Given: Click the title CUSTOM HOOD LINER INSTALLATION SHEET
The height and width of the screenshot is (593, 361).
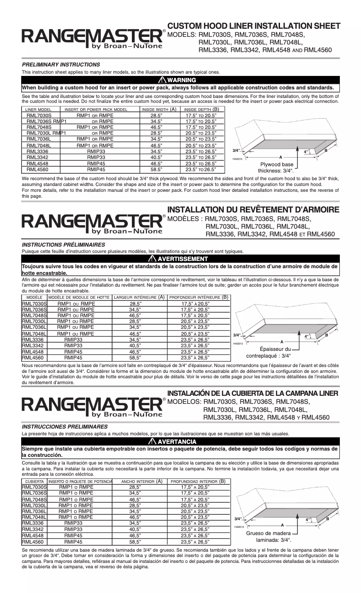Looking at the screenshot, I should [254, 26].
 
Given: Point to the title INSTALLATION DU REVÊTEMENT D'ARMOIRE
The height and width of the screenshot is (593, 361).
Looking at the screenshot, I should [253, 210].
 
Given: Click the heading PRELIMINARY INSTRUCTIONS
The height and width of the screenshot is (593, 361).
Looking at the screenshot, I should [61, 65].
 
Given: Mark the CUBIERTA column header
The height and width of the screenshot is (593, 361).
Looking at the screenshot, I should [34, 482].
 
